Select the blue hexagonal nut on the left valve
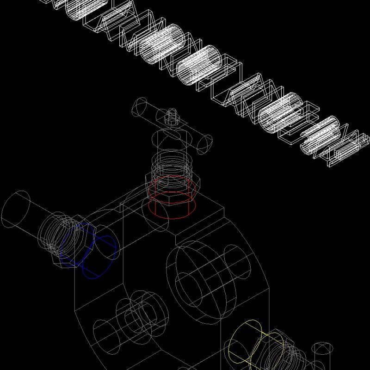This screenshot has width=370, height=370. (x=76, y=245)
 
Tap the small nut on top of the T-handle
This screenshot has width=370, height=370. (x=172, y=116)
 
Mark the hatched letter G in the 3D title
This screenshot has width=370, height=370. (x=277, y=111)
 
